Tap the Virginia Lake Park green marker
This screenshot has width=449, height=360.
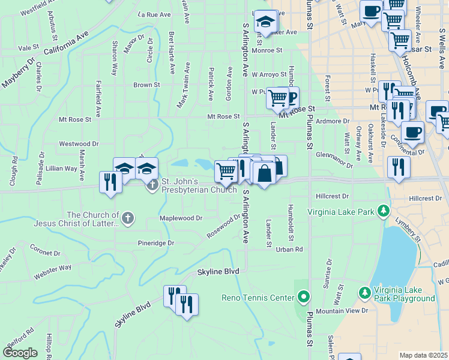(x=383, y=211)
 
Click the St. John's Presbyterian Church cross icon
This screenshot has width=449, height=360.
(x=152, y=183)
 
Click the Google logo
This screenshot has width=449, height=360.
(x=20, y=353)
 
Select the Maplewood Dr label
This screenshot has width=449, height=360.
(x=180, y=218)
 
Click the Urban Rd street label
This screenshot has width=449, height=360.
(x=289, y=249)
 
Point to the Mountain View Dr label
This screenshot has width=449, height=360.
(x=342, y=311)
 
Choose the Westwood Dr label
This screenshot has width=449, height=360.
(x=79, y=144)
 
